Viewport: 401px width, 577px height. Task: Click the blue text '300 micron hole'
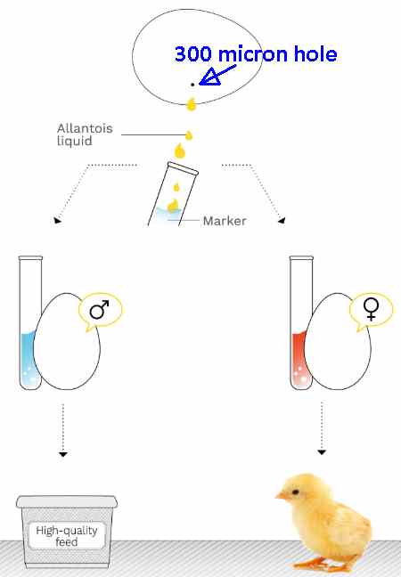pos(256,53)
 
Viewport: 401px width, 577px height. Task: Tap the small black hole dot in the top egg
pos(192,85)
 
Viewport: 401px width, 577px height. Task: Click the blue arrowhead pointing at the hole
pos(208,77)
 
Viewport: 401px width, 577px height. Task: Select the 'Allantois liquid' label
pos(85,134)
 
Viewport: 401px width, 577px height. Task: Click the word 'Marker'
pos(225,221)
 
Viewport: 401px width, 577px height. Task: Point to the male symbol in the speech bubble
pos(100,310)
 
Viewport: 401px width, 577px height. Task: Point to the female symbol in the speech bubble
pos(372,309)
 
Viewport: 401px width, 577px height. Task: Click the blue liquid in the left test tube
pos(28,360)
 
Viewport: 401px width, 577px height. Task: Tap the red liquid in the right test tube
pos(299,359)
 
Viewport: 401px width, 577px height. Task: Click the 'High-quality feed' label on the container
pos(67,536)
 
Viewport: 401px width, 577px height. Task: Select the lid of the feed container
pos(67,502)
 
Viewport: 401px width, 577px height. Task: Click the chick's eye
pos(295,492)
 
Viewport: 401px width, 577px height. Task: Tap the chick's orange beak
pos(282,496)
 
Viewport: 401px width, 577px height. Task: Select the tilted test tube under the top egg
pos(173,194)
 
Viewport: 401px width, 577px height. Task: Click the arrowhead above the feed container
pos(63,455)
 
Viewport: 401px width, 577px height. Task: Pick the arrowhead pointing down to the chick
pos(322,452)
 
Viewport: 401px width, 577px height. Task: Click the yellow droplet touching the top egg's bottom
pos(191,104)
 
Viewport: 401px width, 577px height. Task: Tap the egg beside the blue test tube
pos(67,341)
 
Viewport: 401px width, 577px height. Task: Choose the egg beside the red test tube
pos(338,341)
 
